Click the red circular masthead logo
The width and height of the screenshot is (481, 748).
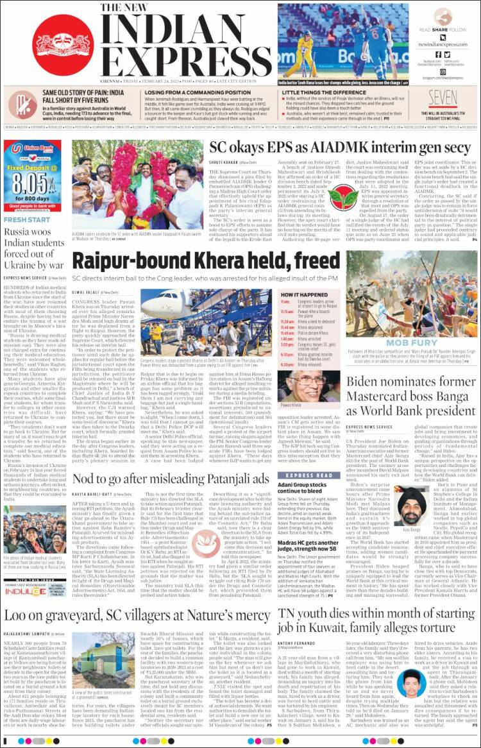(x=63, y=44)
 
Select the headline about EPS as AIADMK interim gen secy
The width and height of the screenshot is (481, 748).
(x=340, y=148)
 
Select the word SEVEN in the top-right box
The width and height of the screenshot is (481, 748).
(x=443, y=98)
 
